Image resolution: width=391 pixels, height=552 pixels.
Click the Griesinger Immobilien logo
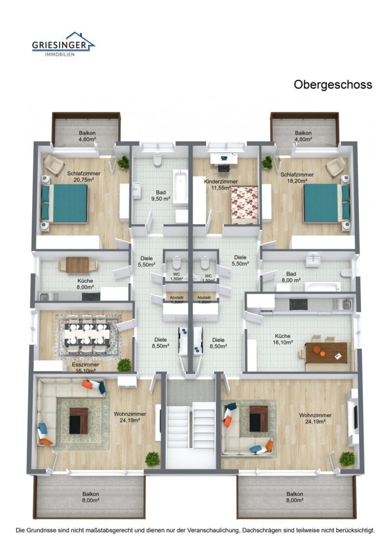[x=63, y=44]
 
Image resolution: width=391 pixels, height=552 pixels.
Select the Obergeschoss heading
[x=332, y=84]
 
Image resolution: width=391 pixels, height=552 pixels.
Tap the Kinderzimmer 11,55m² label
[x=220, y=184]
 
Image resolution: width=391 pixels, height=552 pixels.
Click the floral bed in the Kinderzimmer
[x=244, y=204]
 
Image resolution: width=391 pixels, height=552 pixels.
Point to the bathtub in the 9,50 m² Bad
[x=180, y=187]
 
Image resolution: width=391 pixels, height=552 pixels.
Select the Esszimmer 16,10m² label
[x=85, y=368]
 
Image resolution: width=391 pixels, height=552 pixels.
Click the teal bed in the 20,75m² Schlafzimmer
[x=65, y=203]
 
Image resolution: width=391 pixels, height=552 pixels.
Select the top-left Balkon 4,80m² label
[x=87, y=136]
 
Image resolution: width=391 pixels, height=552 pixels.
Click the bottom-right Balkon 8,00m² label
[x=295, y=497]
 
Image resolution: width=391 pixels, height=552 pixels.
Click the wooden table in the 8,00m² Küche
[x=77, y=265]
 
